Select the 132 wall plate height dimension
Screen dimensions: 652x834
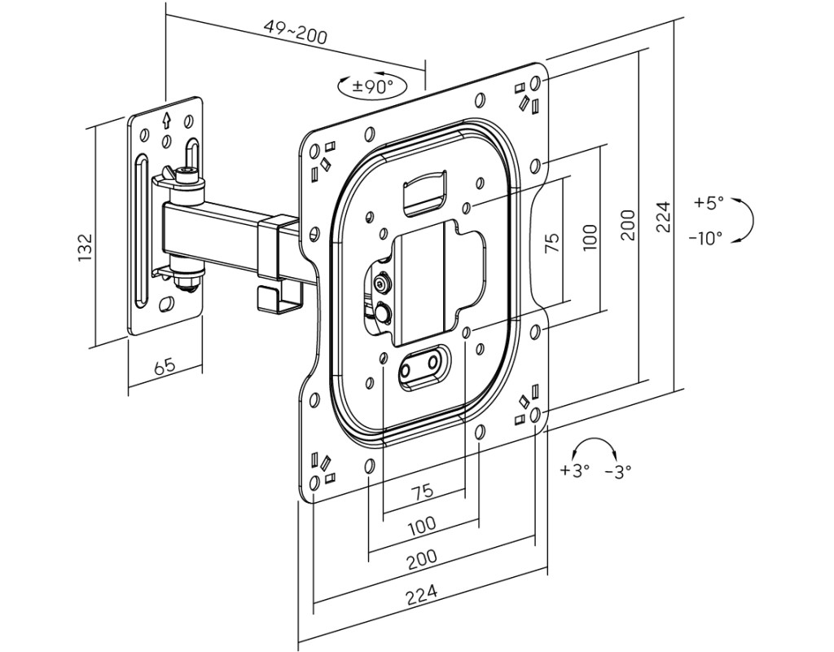[86, 247]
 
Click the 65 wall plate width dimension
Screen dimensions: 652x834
[165, 364]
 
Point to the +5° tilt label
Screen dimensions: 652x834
[709, 203]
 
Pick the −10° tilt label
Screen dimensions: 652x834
[705, 238]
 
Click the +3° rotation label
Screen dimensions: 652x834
[574, 470]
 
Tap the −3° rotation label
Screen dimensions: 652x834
[618, 470]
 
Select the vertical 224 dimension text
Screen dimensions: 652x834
[663, 217]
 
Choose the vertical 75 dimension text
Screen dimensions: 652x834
[552, 242]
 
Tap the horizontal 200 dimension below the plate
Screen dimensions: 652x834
[422, 558]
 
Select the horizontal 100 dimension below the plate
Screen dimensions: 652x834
[421, 525]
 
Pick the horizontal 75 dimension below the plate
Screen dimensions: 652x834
[421, 491]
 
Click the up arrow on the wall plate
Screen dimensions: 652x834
[166, 121]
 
